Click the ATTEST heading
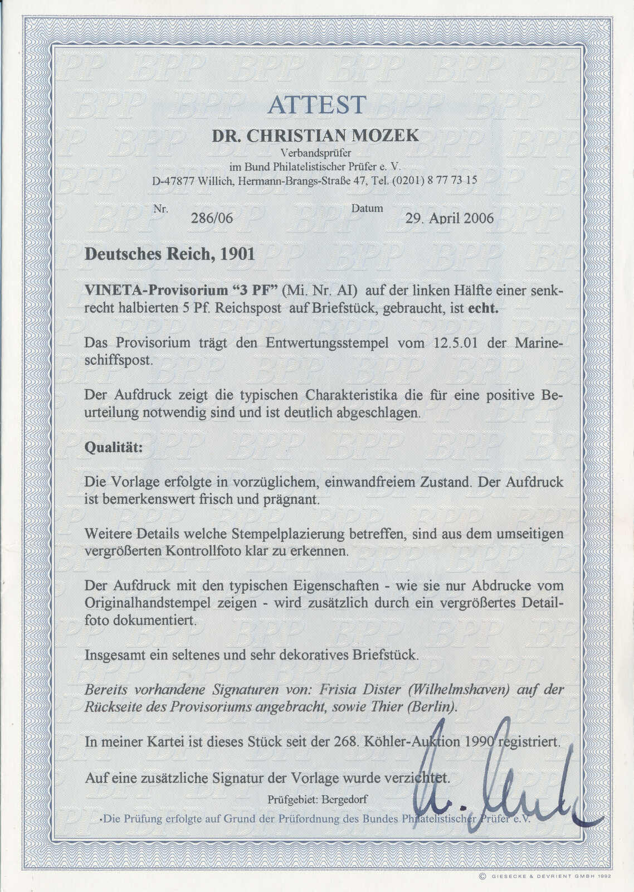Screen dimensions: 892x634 (x=316, y=105)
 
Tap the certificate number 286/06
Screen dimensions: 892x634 (x=212, y=218)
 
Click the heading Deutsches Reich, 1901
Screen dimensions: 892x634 (x=169, y=255)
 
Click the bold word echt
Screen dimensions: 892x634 (x=482, y=308)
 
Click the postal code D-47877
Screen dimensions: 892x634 (x=175, y=181)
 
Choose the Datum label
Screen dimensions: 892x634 (x=367, y=209)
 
